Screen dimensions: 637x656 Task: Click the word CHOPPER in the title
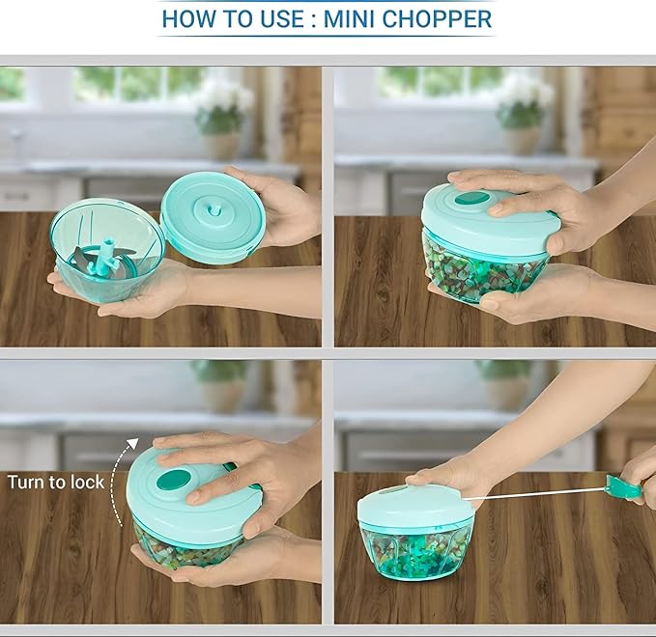tap(440, 18)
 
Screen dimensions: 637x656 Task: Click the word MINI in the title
tap(357, 18)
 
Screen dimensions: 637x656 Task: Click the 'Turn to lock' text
tap(55, 482)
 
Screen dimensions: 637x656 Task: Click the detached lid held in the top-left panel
tap(213, 217)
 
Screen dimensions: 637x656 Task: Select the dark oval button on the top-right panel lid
tap(471, 199)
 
